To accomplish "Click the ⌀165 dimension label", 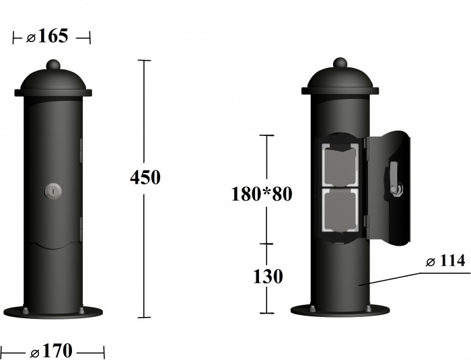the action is click(48, 36).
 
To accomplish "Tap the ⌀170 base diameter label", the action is click(51, 351).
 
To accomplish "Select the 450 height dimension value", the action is click(145, 177).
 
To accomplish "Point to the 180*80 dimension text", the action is click(262, 194).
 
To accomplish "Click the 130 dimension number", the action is click(268, 276).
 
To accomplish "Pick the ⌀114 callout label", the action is click(445, 261).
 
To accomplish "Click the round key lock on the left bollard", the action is click(53, 191).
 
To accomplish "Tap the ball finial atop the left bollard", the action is click(53, 65).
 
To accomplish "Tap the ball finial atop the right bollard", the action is click(340, 63).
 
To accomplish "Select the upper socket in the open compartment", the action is click(340, 165).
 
